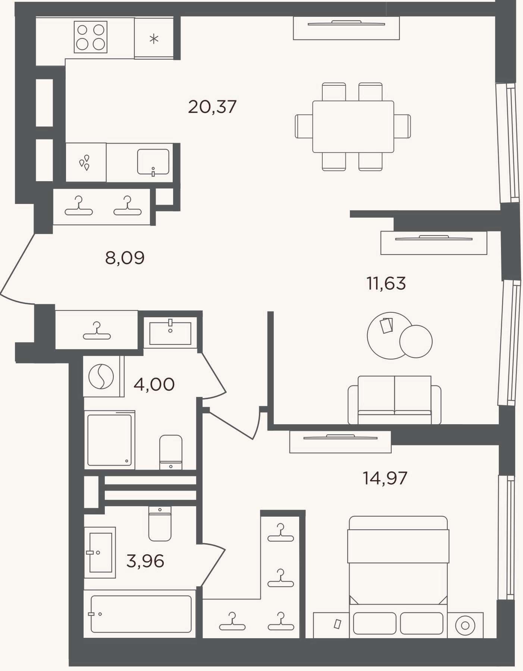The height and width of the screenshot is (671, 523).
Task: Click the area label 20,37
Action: click(212, 107)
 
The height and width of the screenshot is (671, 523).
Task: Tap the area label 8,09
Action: click(125, 258)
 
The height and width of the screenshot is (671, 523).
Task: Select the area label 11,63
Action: click(386, 283)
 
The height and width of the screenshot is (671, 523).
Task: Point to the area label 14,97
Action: click(385, 478)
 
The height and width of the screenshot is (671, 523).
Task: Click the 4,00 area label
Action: click(154, 384)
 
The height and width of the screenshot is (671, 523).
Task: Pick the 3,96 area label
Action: click(145, 561)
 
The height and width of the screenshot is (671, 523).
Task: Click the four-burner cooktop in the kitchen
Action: click(91, 37)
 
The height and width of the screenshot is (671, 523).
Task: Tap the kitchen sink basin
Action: click(153, 162)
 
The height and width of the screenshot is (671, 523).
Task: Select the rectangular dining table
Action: click(353, 126)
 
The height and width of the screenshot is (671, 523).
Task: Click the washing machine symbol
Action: click(101, 376)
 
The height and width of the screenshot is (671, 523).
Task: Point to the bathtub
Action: click(141, 614)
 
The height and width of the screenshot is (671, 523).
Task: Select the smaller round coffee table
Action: click(416, 341)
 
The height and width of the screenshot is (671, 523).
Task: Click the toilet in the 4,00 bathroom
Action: click(171, 452)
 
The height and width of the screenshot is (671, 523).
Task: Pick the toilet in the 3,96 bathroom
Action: click(160, 523)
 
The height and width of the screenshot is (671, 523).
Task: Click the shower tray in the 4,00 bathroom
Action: click(110, 440)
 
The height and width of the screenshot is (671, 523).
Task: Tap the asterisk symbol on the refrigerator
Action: click(154, 38)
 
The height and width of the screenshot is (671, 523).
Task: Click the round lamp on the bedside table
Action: click(465, 625)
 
